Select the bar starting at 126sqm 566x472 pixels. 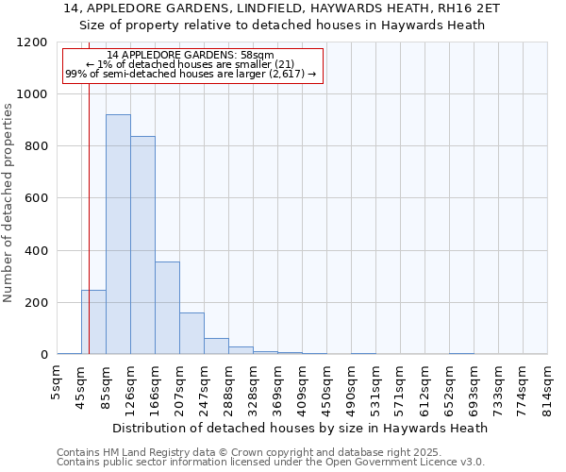tap(142, 245)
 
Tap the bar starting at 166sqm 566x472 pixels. tap(167, 308)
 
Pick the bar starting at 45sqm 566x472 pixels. tap(93, 322)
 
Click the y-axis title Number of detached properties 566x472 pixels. tap(8, 203)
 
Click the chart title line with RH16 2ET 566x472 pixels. tap(282, 8)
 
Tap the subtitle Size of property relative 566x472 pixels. tap(282, 25)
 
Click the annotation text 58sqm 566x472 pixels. tap(191, 56)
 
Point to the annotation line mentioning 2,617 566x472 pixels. tap(191, 74)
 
